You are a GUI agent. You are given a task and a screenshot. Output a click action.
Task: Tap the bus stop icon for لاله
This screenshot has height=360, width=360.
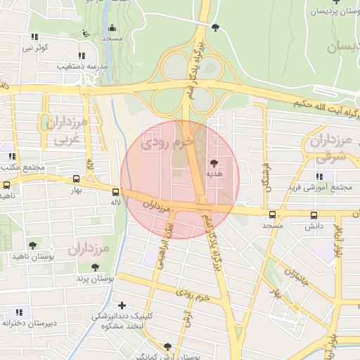[115, 191]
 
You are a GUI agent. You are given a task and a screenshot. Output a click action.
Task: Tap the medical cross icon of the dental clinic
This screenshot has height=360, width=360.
[122, 305]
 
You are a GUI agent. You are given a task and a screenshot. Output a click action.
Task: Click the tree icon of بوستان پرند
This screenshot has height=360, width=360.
[95, 267]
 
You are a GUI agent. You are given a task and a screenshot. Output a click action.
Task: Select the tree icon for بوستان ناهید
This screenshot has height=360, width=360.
[32, 245]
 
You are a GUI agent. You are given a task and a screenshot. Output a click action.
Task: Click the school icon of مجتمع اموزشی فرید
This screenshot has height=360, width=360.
[320, 176]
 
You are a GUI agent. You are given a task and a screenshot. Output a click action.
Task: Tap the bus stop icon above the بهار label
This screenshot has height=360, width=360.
[76, 179]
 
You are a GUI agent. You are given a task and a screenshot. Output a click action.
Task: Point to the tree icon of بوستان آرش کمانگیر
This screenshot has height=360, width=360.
[167, 347]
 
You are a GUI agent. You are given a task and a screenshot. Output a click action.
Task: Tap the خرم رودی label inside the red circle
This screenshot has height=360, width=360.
[167, 143]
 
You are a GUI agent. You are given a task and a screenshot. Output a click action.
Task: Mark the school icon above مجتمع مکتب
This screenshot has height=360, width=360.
[11, 155]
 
